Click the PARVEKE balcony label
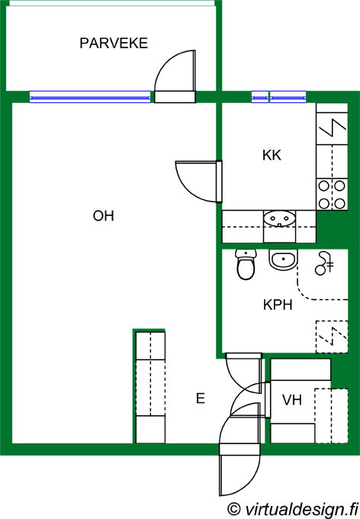tap(114, 44)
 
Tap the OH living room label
tap(104, 216)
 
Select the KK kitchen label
tap(272, 155)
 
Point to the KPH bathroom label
tap(278, 305)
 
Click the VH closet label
tap(292, 400)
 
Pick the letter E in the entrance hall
tap(201, 398)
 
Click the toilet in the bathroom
tap(246, 265)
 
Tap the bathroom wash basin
tap(284, 259)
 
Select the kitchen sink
tap(280, 218)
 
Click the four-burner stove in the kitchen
tap(332, 195)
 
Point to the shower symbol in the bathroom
tap(324, 263)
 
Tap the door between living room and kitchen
tap(198, 182)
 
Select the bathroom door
tap(244, 373)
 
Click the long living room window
tap(90, 97)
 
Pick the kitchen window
tap(278, 97)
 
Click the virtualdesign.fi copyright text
tap(293, 509)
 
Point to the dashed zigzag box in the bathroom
tap(332, 337)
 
